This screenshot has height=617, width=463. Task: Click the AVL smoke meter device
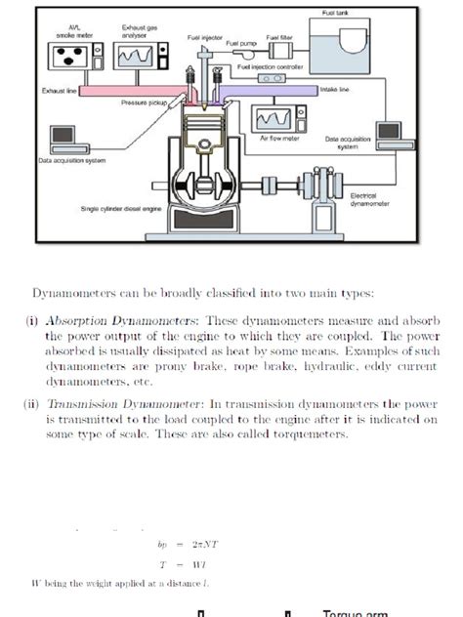click(x=75, y=57)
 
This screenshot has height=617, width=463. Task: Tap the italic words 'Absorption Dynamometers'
click(x=111, y=317)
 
